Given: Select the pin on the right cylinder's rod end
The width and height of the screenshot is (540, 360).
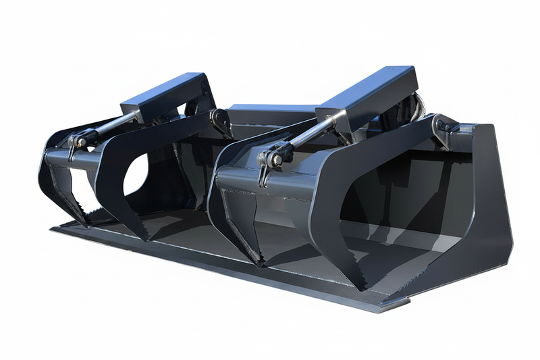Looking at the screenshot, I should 273,159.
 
